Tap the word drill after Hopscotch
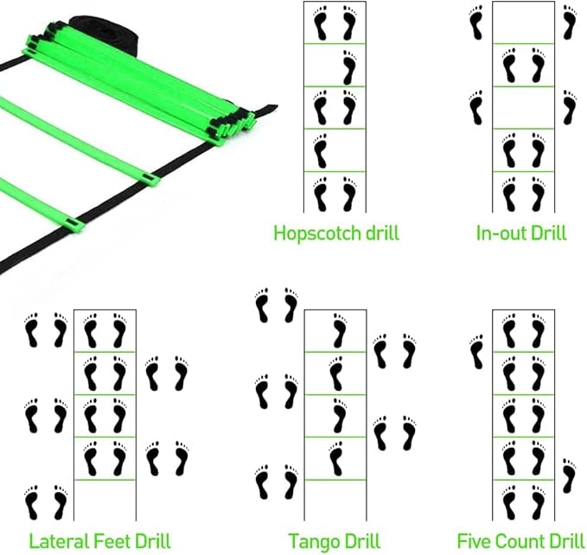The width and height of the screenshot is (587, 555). pyautogui.click(x=378, y=233)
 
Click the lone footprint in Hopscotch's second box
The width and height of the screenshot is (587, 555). pyautogui.click(x=348, y=66)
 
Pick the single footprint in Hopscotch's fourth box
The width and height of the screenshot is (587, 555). pyautogui.click(x=320, y=150)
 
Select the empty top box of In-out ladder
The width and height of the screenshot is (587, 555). pyautogui.click(x=523, y=22)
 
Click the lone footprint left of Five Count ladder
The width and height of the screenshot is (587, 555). pyautogui.click(x=475, y=352)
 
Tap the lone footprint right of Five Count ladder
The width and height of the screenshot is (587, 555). pyautogui.click(x=567, y=475)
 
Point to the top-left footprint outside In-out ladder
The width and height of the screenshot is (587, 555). pyautogui.click(x=476, y=22)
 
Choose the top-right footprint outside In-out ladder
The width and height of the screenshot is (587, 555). pyautogui.click(x=568, y=22)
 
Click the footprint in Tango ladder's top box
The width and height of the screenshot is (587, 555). pyautogui.click(x=338, y=331)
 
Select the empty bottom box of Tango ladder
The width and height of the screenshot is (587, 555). pyautogui.click(x=334, y=501)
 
